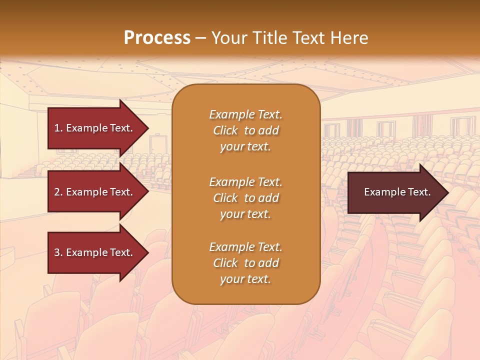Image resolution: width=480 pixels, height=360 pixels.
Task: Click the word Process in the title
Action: tap(157, 38)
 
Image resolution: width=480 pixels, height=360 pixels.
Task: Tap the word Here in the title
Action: tap(348, 38)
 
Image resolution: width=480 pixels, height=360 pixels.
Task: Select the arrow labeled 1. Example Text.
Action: tap(95, 128)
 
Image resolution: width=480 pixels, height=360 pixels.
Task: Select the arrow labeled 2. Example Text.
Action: tap(95, 192)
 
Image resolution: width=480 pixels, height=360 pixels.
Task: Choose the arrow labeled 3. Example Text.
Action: tap(95, 252)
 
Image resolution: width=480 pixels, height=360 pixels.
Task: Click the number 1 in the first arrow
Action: tap(57, 128)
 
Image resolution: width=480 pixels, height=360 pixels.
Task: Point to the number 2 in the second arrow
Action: tap(57, 192)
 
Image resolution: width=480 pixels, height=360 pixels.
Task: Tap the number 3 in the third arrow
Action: tap(57, 252)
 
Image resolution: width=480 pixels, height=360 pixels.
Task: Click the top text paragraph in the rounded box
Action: tap(245, 130)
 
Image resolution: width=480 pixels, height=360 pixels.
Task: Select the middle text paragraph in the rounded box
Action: tap(245, 198)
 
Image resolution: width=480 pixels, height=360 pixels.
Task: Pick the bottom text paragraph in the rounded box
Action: tap(245, 263)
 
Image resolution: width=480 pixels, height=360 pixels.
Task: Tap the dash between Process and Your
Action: tap(200, 38)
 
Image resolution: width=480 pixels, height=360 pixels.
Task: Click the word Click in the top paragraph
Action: tap(225, 130)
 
